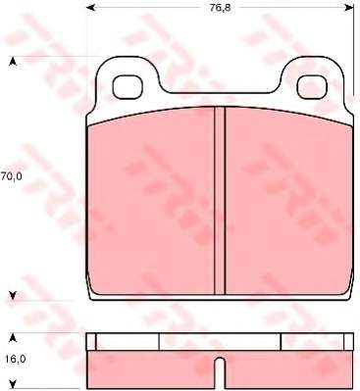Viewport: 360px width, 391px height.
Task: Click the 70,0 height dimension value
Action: (11, 176)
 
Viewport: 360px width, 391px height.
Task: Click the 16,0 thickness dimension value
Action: (16, 359)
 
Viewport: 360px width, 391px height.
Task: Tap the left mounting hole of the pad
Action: (128, 86)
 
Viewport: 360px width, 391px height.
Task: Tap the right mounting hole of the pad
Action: (312, 86)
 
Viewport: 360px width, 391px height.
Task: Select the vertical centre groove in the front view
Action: (220, 200)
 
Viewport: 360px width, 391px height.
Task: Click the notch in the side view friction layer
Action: (220, 373)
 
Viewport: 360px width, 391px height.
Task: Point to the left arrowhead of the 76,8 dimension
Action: (89, 7)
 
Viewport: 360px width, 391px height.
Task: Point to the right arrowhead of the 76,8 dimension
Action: (350, 7)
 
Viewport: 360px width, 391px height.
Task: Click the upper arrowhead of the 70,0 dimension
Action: (13, 62)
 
